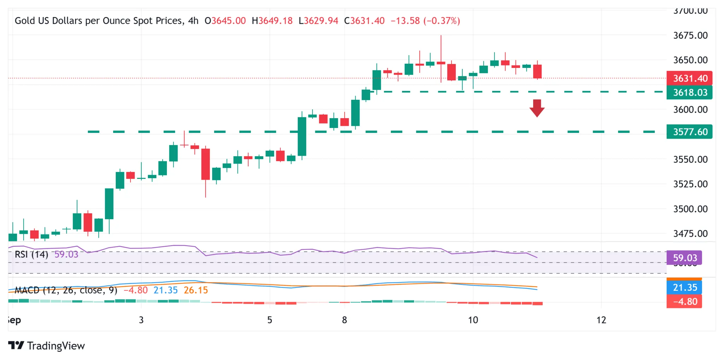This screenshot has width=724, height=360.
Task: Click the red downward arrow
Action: tap(537, 108)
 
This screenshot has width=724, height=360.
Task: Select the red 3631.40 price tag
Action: tap(689, 78)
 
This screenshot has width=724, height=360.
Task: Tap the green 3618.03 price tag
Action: tap(689, 93)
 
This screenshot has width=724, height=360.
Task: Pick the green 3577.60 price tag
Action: tap(689, 132)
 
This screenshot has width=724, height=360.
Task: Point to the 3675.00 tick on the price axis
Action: tap(690, 35)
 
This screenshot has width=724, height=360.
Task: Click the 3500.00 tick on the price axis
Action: tap(690, 209)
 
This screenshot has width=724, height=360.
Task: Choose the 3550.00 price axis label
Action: tap(690, 159)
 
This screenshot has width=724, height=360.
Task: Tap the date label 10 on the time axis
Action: tap(473, 320)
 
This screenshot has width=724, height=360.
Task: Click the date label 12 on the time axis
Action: tap(601, 320)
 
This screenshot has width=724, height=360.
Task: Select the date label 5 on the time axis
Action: tap(269, 320)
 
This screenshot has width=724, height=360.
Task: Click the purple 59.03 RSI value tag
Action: tap(684, 258)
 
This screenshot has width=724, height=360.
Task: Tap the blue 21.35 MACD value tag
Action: tap(684, 288)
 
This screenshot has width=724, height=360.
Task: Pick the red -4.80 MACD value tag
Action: tap(684, 302)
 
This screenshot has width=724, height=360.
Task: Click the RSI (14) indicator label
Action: tap(31, 255)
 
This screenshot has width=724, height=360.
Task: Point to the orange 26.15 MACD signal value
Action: tap(196, 290)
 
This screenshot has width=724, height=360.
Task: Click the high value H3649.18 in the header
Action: tap(272, 21)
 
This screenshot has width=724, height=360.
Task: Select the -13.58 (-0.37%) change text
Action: tap(425, 21)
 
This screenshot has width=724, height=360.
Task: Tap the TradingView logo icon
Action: tap(16, 345)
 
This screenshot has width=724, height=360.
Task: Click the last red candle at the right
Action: tap(537, 71)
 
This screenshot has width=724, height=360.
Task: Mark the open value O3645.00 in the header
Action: tap(225, 21)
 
